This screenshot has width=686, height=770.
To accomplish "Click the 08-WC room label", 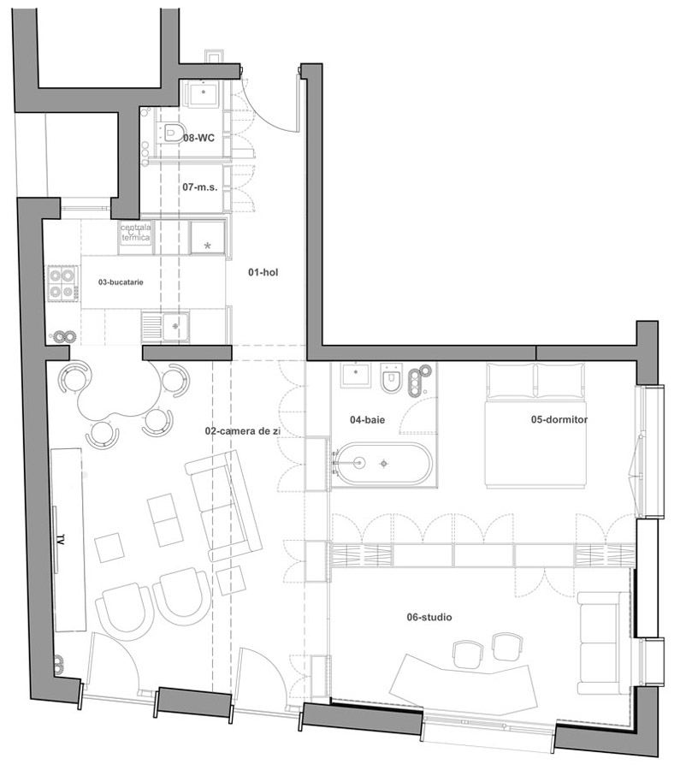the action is pos(199,138).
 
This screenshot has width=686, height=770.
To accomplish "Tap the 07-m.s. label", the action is pos(200,187).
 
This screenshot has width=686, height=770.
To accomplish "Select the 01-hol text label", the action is pos(263,272).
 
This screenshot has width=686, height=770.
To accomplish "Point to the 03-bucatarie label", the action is pos(121,282).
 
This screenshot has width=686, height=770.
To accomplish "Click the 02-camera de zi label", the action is pos(243,431).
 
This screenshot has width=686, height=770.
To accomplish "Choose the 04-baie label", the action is pos(367,420).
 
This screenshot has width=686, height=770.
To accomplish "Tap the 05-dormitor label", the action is pos(559,419).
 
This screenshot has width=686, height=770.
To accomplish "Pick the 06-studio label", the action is pos(429,617).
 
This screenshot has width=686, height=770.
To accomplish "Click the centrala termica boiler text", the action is pos(135,232).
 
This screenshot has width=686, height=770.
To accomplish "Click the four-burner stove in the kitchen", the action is pos(62,283).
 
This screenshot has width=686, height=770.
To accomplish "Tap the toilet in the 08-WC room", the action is pos(171,133).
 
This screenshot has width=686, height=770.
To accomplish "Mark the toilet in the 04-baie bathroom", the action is pos(392,378).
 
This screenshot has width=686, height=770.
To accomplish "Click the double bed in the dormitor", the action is pos(535,425).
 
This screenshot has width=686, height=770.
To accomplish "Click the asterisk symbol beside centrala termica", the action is pos(207,246).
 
